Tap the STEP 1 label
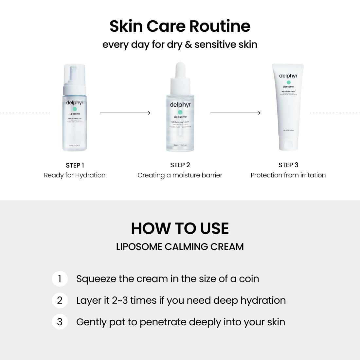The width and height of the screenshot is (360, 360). [75, 165]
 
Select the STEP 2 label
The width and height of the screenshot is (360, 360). [180, 165]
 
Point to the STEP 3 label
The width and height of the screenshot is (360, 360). [288, 165]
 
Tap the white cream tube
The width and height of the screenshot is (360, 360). [288, 108]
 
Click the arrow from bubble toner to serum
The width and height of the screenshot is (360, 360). [125, 113]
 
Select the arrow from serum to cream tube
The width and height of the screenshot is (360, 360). [235, 113]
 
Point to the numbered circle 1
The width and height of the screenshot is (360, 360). [60, 279]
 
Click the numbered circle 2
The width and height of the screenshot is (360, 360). [60, 300]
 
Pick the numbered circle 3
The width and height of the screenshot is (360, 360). [60, 322]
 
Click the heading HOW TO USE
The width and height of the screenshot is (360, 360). [180, 228]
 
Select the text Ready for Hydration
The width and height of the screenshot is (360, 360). [75, 175]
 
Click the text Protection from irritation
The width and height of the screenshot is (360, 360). [288, 175]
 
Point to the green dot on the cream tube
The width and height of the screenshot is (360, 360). [288, 82]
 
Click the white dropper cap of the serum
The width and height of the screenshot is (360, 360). [180, 70]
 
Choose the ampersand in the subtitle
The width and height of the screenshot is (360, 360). [188, 45]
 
